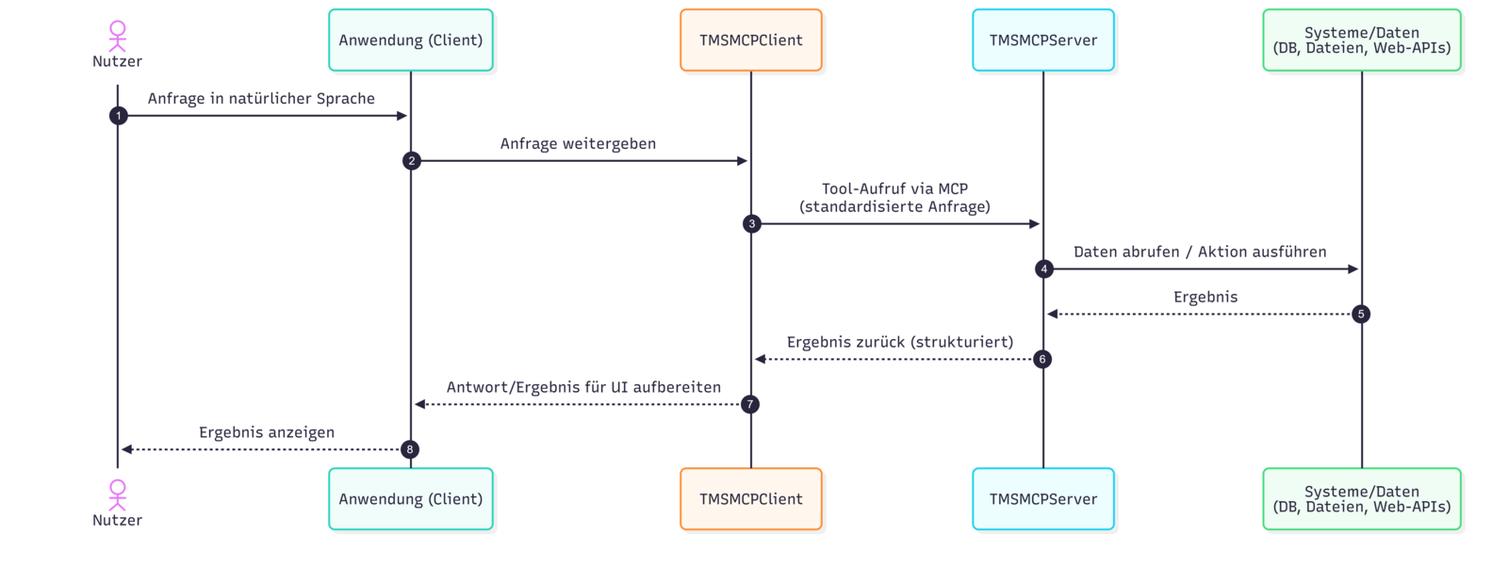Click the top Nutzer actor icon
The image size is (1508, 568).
pos(117,36)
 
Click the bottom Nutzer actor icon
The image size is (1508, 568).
pos(117,495)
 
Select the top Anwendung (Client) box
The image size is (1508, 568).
pos(410,41)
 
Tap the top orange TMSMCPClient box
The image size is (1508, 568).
pos(750,41)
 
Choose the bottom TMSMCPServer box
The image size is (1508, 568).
pos(1042,499)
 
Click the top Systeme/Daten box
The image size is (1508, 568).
pos(1361,41)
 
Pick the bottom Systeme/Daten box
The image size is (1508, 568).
pos(1361,499)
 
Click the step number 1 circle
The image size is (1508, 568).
pos(118,116)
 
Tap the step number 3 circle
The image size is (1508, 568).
pos(751,224)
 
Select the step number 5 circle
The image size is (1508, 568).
pos(1360,314)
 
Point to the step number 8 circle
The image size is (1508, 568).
pos(409,449)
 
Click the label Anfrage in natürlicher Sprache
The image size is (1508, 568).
pos(261,99)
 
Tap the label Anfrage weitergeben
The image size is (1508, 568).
pos(578,144)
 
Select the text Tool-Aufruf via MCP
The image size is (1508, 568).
pos(894,189)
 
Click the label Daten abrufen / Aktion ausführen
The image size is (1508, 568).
pos(1199,252)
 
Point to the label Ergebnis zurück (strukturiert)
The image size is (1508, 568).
pos(900,342)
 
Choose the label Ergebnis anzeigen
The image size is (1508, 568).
pos(267,432)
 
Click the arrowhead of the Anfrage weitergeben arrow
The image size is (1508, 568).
pos(743,161)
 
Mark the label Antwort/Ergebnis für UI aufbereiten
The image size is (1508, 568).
pos(583,387)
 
